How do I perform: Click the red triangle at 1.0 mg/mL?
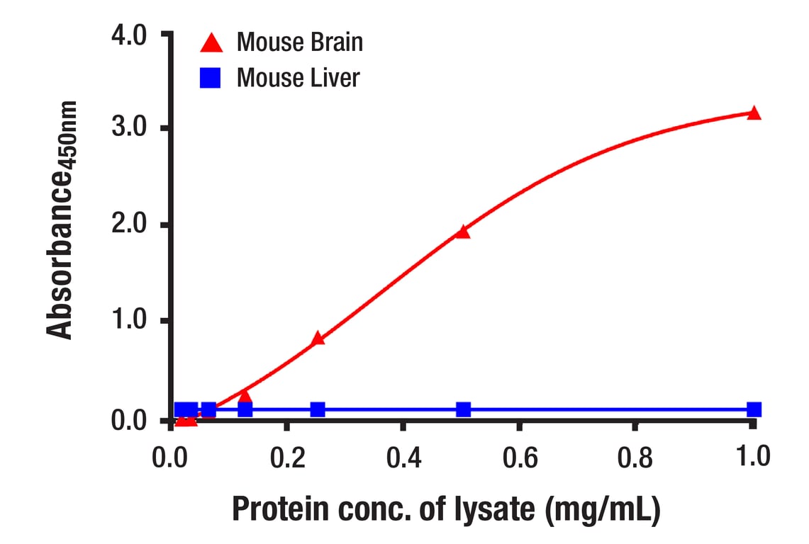754,113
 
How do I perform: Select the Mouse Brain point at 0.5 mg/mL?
463,232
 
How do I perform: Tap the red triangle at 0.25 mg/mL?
318,339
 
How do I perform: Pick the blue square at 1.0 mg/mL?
754,409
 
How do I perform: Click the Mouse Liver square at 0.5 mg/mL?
463,409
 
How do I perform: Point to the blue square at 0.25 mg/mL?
318,409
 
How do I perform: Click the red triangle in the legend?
211,43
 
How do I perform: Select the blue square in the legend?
211,78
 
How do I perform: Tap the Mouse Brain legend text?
299,42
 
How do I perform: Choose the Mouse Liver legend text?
298,77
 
